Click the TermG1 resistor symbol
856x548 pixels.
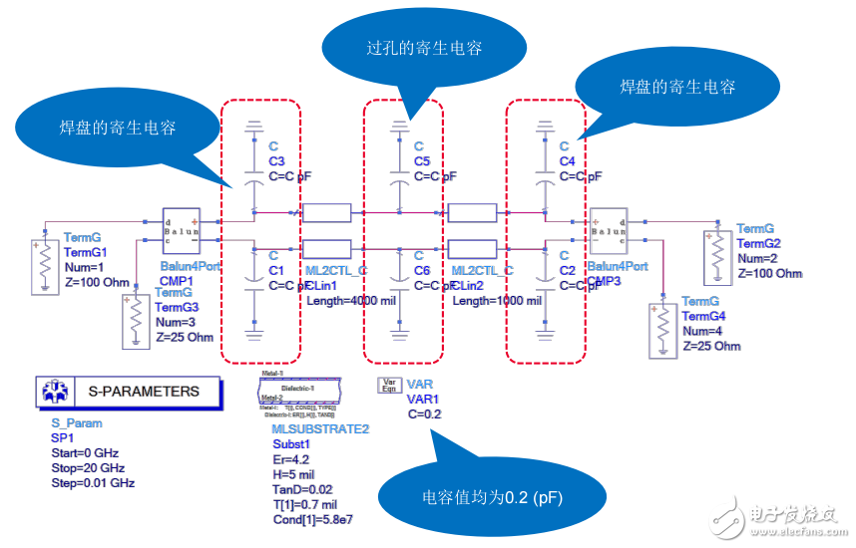click(x=45, y=262)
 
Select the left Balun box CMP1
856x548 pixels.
click(x=182, y=230)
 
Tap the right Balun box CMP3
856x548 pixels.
click(x=607, y=230)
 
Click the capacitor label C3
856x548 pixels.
click(x=277, y=160)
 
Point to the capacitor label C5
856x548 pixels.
click(x=422, y=160)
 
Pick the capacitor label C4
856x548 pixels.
click(x=568, y=160)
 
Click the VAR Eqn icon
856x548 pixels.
click(x=390, y=385)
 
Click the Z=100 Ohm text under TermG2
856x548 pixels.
click(x=769, y=273)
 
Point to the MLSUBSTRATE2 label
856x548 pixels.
click(x=320, y=428)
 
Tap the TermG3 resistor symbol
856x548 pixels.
click(x=136, y=320)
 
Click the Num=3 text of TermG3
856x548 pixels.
click(x=176, y=322)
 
